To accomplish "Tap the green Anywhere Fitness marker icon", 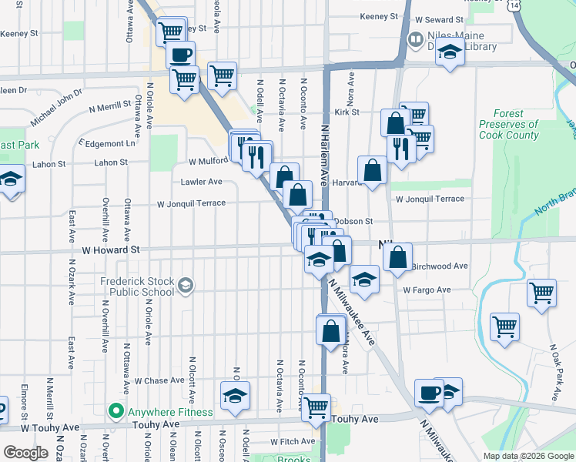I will pyautogui.click(x=116, y=412).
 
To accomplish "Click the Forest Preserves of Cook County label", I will pyautogui.click(x=509, y=124).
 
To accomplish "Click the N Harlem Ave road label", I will pyautogui.click(x=325, y=155).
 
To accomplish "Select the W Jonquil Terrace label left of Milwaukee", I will pyautogui.click(x=191, y=204).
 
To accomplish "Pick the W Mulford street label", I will pyautogui.click(x=208, y=162).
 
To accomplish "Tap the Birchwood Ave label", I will pyautogui.click(x=440, y=266).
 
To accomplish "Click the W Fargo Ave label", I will pyautogui.click(x=427, y=290).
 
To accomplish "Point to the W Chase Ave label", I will pyautogui.click(x=159, y=380).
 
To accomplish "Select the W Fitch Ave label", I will pyautogui.click(x=293, y=442).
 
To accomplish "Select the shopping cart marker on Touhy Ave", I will pyautogui.click(x=316, y=408).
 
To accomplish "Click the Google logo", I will pyautogui.click(x=26, y=453).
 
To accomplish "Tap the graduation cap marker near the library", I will pyautogui.click(x=449, y=53).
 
